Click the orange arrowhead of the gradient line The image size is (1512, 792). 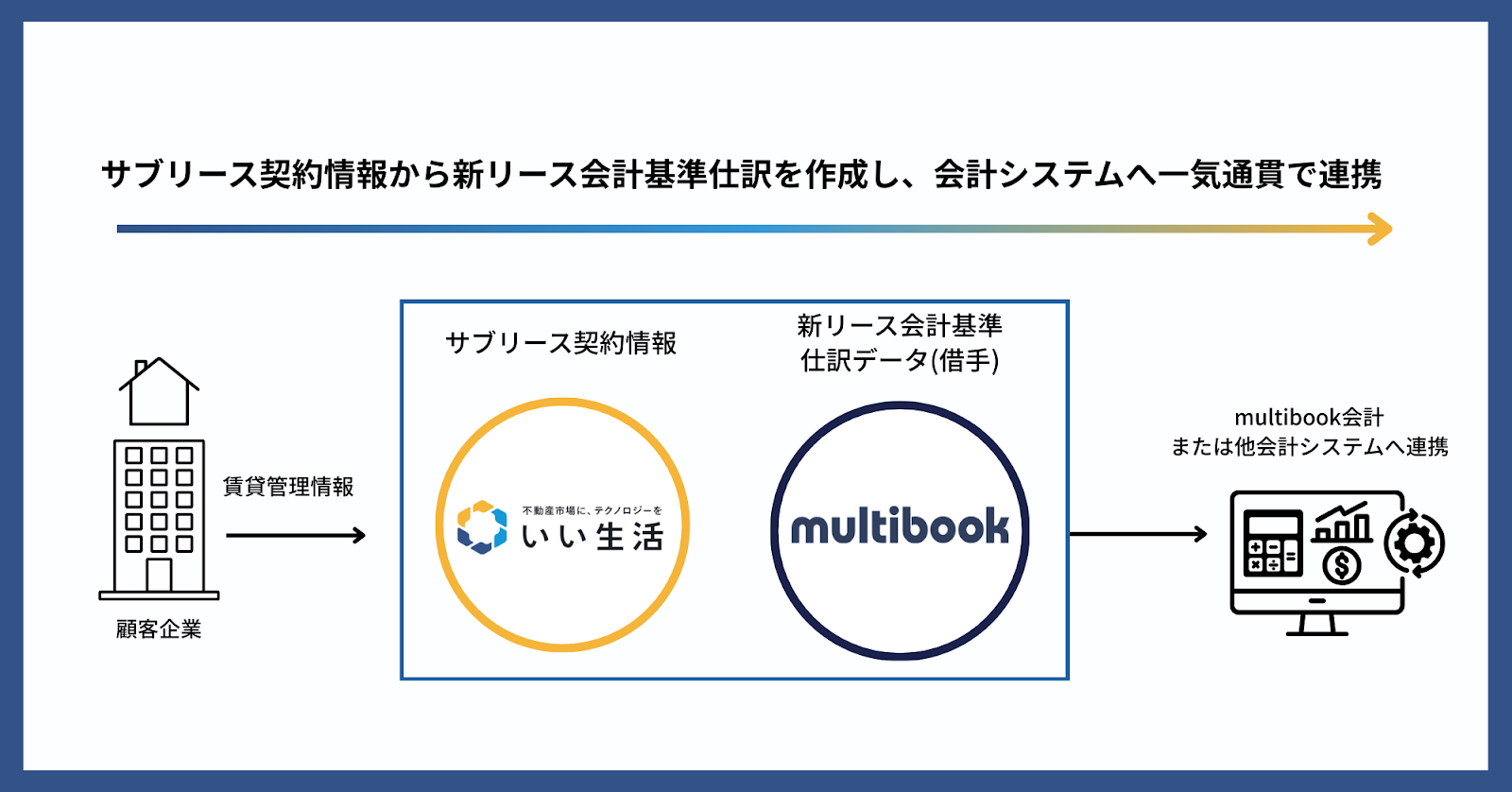[1381, 229]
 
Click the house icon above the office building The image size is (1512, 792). [159, 393]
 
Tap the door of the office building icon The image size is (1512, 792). [159, 575]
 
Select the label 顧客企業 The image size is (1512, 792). [159, 629]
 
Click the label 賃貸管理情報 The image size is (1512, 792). [288, 487]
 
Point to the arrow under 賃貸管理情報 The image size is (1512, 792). [295, 536]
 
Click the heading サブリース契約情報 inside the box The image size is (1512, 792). [560, 343]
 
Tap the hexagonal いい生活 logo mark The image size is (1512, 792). [482, 526]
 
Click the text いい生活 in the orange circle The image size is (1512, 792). [593, 537]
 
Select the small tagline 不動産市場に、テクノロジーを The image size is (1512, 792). [593, 510]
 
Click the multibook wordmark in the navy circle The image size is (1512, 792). [900, 527]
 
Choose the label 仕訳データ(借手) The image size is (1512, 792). [900, 360]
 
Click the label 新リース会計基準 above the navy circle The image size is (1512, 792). [900, 326]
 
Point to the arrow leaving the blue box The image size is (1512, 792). [1138, 535]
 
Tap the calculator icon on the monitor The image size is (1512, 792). [1272, 543]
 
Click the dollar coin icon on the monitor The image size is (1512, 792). [1342, 565]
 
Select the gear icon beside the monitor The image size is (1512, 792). [1415, 543]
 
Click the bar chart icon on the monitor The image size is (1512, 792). [1343, 524]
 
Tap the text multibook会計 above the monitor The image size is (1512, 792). [1309, 417]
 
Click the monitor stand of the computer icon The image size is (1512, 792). [1317, 624]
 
